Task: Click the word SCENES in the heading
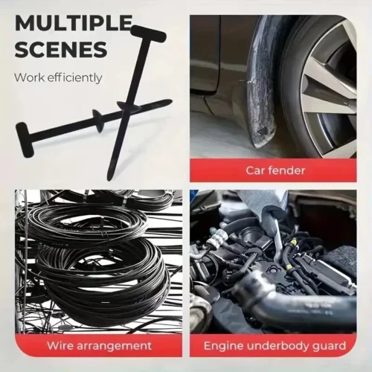[x=60, y=50]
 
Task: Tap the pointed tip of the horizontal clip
[x=169, y=102]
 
